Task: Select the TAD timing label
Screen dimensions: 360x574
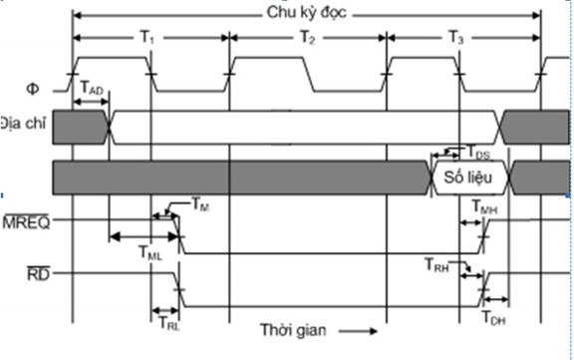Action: tap(90, 90)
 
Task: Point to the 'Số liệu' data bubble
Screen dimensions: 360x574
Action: tap(470, 178)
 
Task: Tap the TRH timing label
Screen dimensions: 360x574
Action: tap(436, 265)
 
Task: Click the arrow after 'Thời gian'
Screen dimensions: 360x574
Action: tap(362, 330)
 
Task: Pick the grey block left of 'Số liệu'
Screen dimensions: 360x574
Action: tap(239, 178)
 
